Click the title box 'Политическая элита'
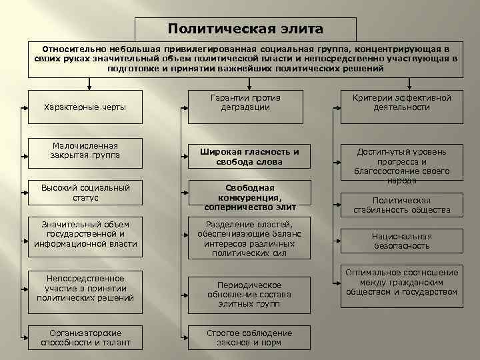click(245, 29)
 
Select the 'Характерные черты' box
click(85, 107)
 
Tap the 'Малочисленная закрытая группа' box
click(85, 151)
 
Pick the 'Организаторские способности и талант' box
click(85, 338)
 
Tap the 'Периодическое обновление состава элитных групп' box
click(248, 293)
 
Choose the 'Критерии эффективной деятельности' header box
click(401, 103)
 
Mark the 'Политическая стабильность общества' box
click(401, 205)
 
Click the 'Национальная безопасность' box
click(401, 241)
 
